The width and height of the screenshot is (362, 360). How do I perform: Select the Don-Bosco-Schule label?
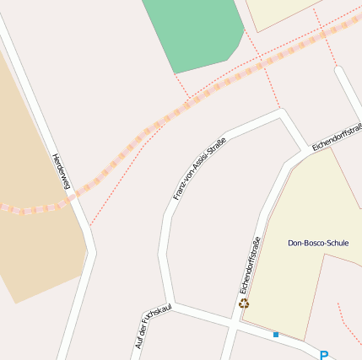point(318,243)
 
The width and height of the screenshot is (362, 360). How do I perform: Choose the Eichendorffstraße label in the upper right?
point(338,137)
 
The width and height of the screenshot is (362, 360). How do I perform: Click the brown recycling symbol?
point(244,304)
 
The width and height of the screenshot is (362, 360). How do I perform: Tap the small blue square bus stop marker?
point(275,335)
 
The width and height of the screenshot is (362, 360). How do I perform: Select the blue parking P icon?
point(324,354)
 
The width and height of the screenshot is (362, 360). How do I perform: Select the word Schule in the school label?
point(336,243)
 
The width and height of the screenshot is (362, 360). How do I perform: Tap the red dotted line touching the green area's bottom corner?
point(180,82)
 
